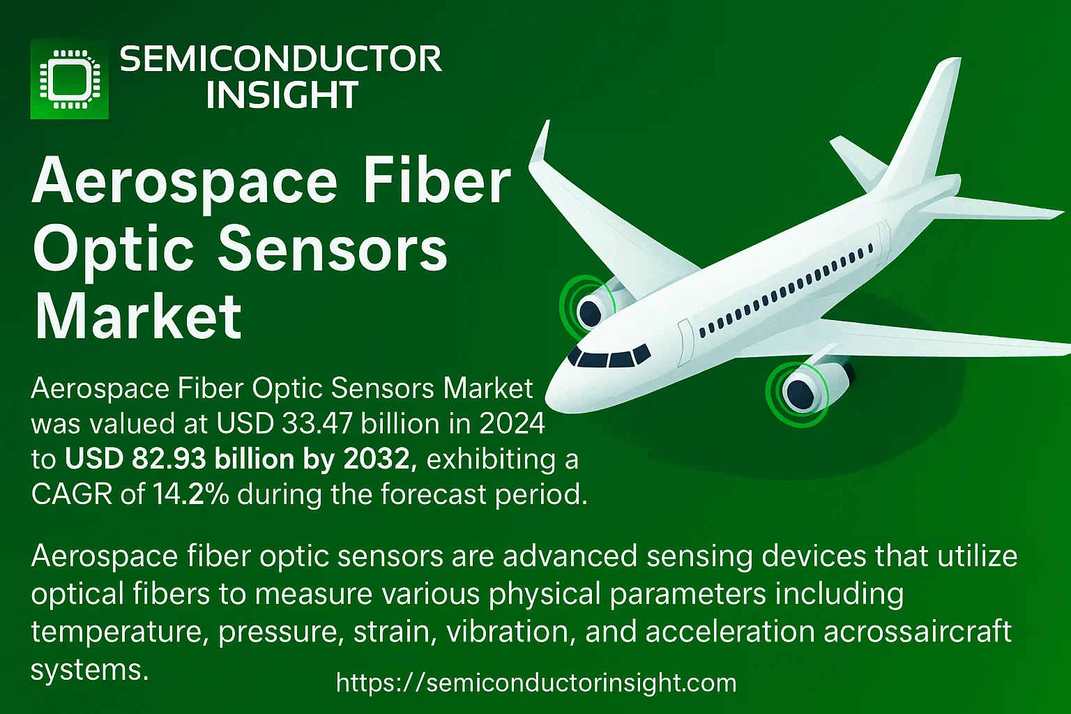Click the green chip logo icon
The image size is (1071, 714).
pyautogui.click(x=69, y=79)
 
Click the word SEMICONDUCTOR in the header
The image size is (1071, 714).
pyautogui.click(x=281, y=59)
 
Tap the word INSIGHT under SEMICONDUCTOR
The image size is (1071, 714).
pyautogui.click(x=282, y=94)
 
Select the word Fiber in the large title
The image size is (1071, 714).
pyautogui.click(x=437, y=182)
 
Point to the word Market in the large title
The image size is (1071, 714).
pyautogui.click(x=138, y=317)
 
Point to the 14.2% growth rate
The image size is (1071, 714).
pyautogui.click(x=190, y=494)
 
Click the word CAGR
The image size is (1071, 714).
pyautogui.click(x=73, y=494)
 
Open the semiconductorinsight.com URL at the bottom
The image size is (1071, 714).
pyautogui.click(x=536, y=683)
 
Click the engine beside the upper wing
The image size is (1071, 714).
pyautogui.click(x=593, y=306)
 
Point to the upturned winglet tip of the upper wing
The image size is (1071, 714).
pyautogui.click(x=541, y=144)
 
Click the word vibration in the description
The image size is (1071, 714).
pyautogui.click(x=508, y=631)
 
